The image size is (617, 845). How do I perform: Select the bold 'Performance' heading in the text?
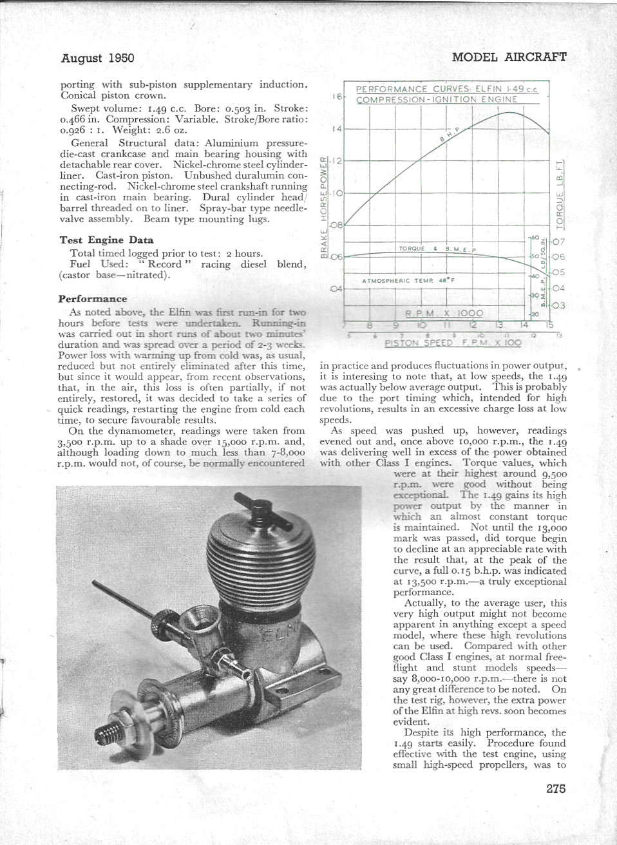coord(92,299)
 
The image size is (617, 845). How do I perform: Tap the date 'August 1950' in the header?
coord(97,58)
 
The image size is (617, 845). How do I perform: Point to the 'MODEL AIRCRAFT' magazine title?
coord(509,57)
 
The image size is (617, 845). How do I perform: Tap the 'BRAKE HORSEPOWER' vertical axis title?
coord(325,206)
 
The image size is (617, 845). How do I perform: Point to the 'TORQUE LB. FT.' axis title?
coord(560,193)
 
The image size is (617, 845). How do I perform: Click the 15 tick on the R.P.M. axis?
coord(549,325)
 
